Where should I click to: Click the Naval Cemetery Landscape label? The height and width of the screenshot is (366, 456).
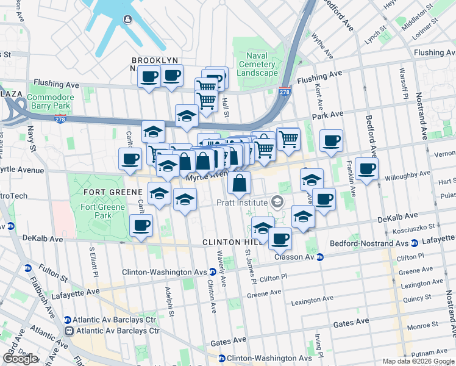pyautogui.click(x=257, y=64)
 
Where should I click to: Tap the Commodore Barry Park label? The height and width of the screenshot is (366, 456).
pyautogui.click(x=50, y=101)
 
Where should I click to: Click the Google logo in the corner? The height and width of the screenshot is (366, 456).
pyautogui.click(x=20, y=359)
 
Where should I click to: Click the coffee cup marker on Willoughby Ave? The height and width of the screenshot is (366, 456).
pyautogui.click(x=366, y=168)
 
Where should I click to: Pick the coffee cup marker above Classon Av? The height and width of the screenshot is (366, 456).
pyautogui.click(x=280, y=238)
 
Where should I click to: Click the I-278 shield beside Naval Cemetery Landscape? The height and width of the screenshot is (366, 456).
pyautogui.click(x=284, y=92)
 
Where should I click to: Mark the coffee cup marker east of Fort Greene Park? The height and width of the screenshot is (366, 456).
pyautogui.click(x=141, y=226)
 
